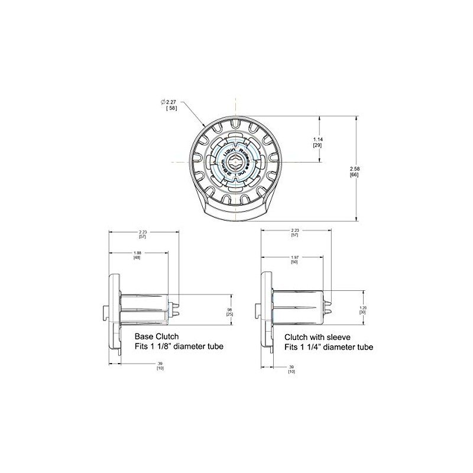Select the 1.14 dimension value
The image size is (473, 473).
pyautogui.click(x=317, y=139)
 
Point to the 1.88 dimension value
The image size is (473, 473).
pyautogui.click(x=137, y=252)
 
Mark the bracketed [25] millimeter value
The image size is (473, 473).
pyautogui.click(x=229, y=314)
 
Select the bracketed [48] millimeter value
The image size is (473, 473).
pyautogui.click(x=137, y=258)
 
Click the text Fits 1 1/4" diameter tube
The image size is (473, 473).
pyautogui.click(x=329, y=348)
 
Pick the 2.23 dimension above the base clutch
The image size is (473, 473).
pyautogui.click(x=142, y=232)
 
